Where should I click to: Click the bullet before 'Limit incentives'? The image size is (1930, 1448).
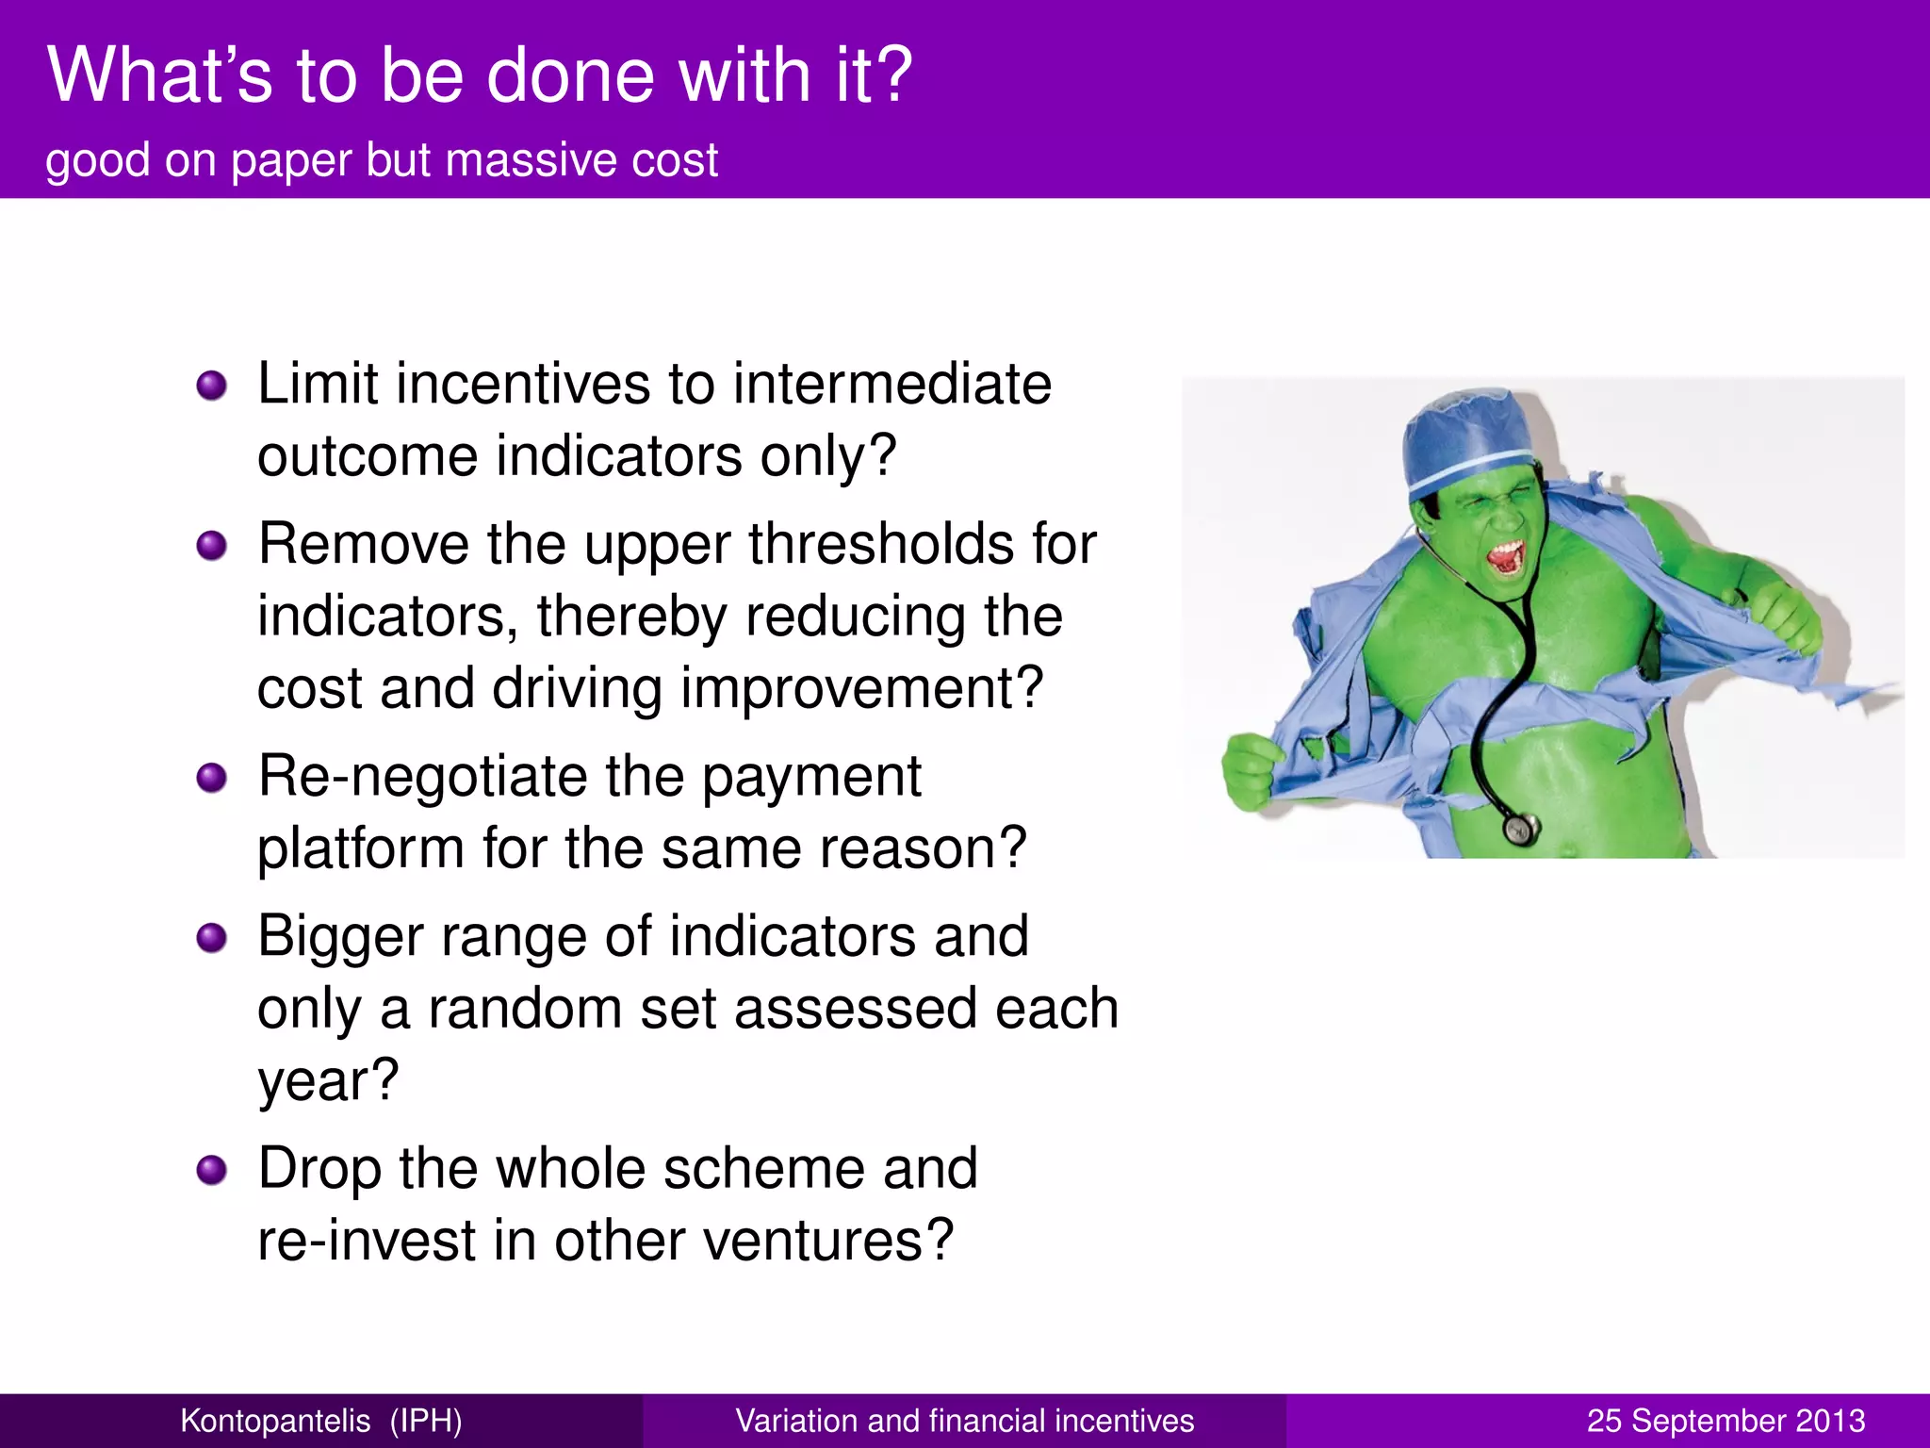(212, 385)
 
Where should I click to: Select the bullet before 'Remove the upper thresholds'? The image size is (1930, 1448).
(212, 545)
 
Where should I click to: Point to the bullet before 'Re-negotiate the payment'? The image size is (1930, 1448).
(212, 778)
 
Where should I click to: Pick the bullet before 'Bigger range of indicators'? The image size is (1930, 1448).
(212, 937)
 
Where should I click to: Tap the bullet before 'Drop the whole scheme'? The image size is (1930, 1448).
(212, 1170)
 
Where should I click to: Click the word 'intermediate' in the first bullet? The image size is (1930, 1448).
(891, 385)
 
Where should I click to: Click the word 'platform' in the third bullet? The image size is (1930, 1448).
(361, 848)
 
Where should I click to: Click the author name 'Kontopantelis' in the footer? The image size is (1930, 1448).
(275, 1421)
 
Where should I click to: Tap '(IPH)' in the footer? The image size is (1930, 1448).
(426, 1421)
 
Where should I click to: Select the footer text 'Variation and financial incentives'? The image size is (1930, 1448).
(964, 1421)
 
